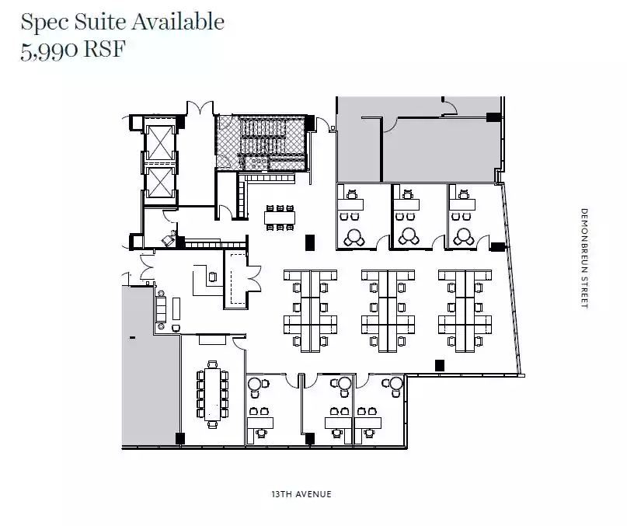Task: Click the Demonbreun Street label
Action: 584,259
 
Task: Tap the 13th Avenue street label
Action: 301,494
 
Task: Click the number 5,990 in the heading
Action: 50,51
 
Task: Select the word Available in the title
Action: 178,22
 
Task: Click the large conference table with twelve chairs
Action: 212,394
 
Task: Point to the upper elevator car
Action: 159,142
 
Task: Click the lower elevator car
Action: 159,183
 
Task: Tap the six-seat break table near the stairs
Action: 280,218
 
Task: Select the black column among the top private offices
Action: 310,243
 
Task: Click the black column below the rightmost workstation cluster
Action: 440,365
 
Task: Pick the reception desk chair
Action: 213,277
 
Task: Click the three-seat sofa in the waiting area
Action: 161,310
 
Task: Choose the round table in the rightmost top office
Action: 464,236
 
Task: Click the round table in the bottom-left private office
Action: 255,385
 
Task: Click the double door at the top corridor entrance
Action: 200,107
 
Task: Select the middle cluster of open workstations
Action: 388,311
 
